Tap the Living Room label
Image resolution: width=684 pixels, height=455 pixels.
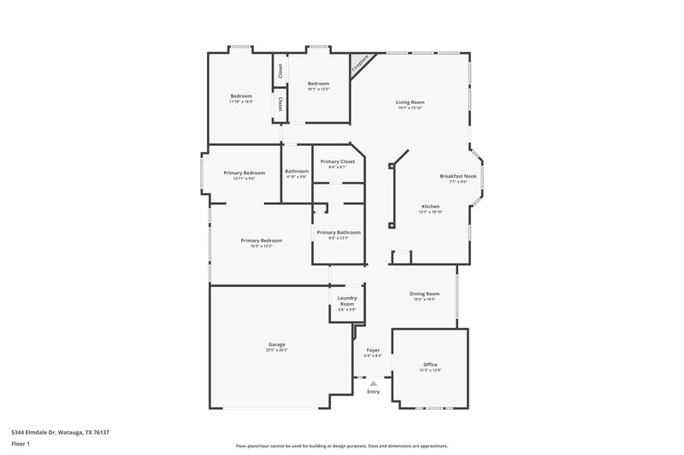tap(411, 102)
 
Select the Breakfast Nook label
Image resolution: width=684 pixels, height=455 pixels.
tap(458, 176)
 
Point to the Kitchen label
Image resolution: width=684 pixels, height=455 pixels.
tap(430, 207)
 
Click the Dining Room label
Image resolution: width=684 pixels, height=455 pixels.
tap(424, 294)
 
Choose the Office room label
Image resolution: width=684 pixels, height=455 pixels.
tap(430, 365)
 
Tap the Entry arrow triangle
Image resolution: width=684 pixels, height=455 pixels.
tap(373, 384)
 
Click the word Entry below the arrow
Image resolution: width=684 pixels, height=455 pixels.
tap(373, 392)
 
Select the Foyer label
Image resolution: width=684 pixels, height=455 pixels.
tap(373, 350)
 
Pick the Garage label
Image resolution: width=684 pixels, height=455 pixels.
tap(277, 344)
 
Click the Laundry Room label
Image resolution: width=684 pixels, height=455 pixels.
tap(346, 300)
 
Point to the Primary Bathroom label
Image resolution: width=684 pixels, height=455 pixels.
tap(339, 232)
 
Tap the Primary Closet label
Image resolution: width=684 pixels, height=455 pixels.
tap(337, 161)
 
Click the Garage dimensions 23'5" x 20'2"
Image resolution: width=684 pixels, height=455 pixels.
tap(277, 350)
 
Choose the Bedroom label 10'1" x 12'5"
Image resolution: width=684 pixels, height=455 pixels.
tap(319, 83)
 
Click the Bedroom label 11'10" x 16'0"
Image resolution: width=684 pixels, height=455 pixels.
tap(241, 96)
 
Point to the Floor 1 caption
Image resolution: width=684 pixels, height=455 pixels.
tap(21, 444)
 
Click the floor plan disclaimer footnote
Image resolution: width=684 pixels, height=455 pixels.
tap(342, 446)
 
